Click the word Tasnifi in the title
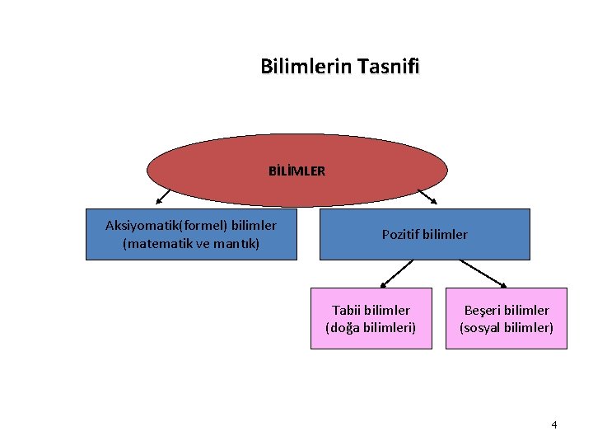coord(389,66)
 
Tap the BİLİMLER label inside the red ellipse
coord(296,171)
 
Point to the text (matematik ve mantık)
coord(191,244)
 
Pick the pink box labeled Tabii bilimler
coord(371,318)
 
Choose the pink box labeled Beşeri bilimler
coord(507,318)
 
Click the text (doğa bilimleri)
coord(371,327)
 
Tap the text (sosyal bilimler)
coord(507,327)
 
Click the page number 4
coord(554,424)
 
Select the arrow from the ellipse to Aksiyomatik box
coord(164,196)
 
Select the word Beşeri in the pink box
coord(483,310)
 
